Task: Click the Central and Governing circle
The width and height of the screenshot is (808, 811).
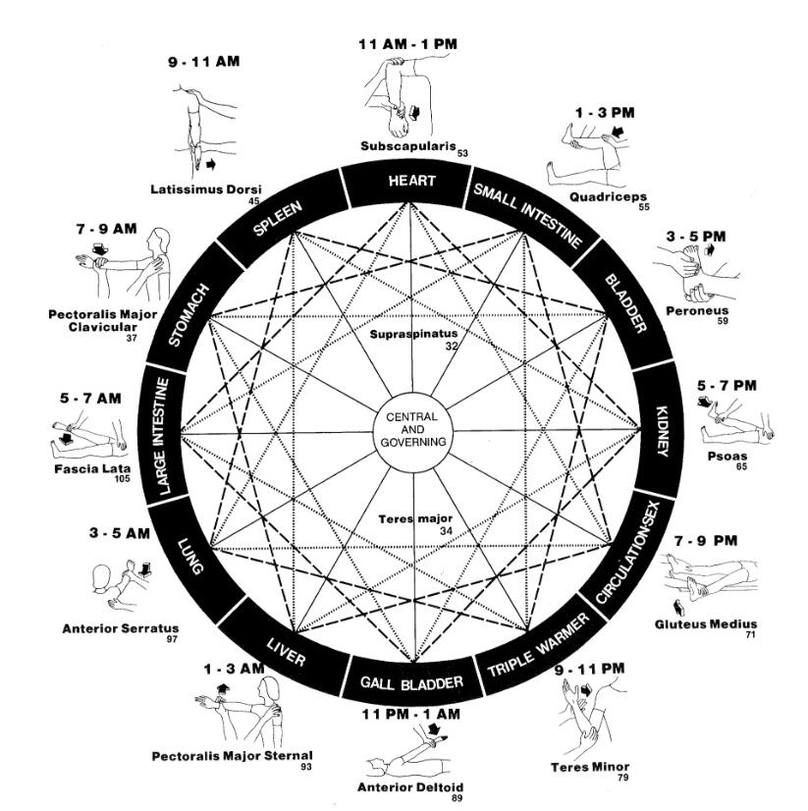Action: [x=412, y=431]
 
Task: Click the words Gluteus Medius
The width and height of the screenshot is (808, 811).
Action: [x=705, y=624]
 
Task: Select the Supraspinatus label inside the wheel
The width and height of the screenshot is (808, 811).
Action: [x=414, y=334]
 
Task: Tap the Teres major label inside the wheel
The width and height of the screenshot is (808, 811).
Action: [x=413, y=519]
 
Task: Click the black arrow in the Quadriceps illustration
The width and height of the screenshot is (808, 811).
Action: [x=618, y=131]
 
